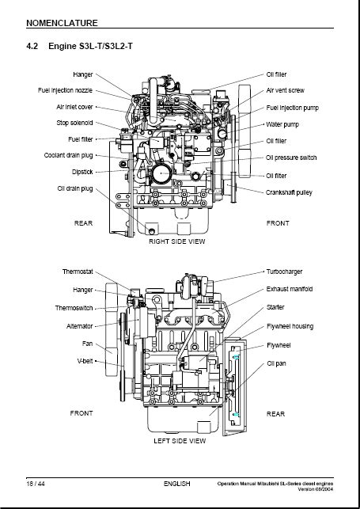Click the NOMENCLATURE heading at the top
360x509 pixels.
[62, 23]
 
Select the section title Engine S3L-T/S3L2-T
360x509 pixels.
[90, 46]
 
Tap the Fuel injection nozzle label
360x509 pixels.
[65, 90]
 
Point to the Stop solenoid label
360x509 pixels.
[74, 123]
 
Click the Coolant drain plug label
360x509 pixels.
[68, 155]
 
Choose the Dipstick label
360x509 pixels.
[82, 172]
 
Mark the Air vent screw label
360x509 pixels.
[285, 90]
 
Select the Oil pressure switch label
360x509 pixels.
[291, 158]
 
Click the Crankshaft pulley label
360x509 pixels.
[289, 192]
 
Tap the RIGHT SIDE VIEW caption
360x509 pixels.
[177, 241]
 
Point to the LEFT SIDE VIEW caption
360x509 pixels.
[180, 441]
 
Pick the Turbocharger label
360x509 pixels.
[284, 272]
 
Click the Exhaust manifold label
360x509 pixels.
[290, 289]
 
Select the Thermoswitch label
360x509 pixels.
[74, 308]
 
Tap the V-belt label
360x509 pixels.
[85, 361]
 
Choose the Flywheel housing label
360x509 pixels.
[290, 326]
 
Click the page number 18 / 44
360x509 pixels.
[36, 484]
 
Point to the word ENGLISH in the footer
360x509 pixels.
[176, 484]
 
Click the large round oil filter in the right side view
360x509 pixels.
[161, 173]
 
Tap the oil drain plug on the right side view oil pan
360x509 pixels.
[152, 231]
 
